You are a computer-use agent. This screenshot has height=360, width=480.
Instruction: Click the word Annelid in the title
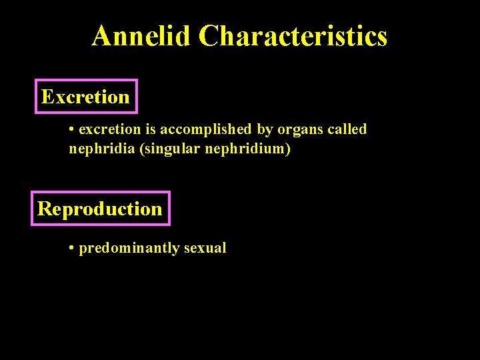pyautogui.click(x=142, y=36)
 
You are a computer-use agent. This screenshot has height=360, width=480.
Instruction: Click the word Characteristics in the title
pyautogui.click(x=293, y=36)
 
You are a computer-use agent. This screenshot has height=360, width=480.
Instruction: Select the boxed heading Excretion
pyautogui.click(x=85, y=97)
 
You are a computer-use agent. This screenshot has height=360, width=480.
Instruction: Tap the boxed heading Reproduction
pyautogui.click(x=100, y=209)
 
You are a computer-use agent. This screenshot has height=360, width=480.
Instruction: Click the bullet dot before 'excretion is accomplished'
pyautogui.click(x=71, y=129)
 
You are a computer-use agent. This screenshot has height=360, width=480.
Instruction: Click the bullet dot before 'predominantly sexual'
pyautogui.click(x=71, y=249)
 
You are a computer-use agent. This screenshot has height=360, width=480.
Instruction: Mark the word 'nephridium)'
pyautogui.click(x=251, y=149)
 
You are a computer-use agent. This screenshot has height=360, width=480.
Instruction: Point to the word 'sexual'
pyautogui.click(x=205, y=248)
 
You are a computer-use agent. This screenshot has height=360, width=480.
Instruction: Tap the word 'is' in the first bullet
pyautogui.click(x=151, y=129)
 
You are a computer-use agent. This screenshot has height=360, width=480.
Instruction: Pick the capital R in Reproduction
pyautogui.click(x=45, y=209)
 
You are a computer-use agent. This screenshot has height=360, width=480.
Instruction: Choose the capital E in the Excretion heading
pyautogui.click(x=47, y=97)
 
